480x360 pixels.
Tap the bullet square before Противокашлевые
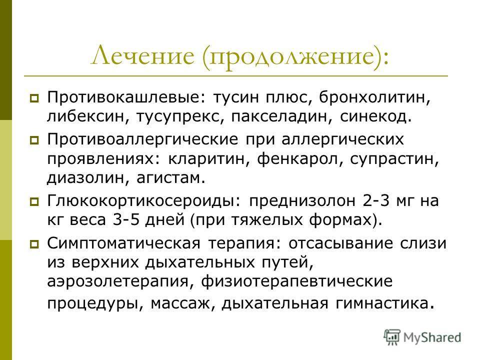(34, 98)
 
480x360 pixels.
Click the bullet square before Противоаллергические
(34, 140)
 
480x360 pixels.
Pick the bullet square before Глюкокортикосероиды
(34, 201)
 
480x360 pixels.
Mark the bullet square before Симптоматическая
(34, 244)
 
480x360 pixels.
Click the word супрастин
(392, 159)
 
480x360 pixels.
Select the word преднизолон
(302, 201)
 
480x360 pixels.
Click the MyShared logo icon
(392, 337)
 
